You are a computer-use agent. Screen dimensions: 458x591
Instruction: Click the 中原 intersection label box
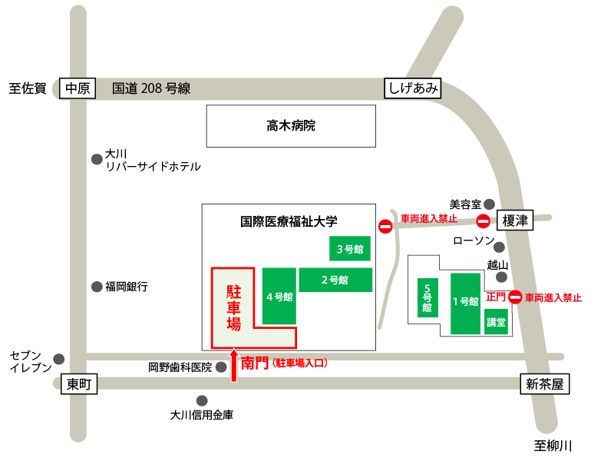tap(78, 88)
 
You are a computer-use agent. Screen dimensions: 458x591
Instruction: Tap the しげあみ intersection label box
tap(413, 88)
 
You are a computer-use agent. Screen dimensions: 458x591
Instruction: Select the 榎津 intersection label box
tap(515, 221)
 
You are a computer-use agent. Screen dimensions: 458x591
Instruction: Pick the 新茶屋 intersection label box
tap(545, 384)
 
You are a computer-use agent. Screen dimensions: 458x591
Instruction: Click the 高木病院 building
tap(291, 126)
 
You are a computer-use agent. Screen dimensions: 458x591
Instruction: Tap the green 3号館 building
tap(349, 248)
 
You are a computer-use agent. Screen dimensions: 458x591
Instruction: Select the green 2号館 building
tap(335, 280)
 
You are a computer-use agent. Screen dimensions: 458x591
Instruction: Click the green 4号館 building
tap(279, 296)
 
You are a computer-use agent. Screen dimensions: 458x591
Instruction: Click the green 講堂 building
tap(496, 322)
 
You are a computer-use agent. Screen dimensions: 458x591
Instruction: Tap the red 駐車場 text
tap(233, 307)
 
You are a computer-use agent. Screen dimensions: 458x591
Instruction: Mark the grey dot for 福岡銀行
tap(97, 287)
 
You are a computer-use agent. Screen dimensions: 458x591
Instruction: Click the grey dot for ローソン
tap(499, 247)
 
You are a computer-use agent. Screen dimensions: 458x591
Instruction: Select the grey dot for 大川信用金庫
tap(202, 400)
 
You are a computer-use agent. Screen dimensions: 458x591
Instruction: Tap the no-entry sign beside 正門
tap(516, 297)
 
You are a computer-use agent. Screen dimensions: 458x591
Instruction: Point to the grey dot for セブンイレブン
tap(59, 359)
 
